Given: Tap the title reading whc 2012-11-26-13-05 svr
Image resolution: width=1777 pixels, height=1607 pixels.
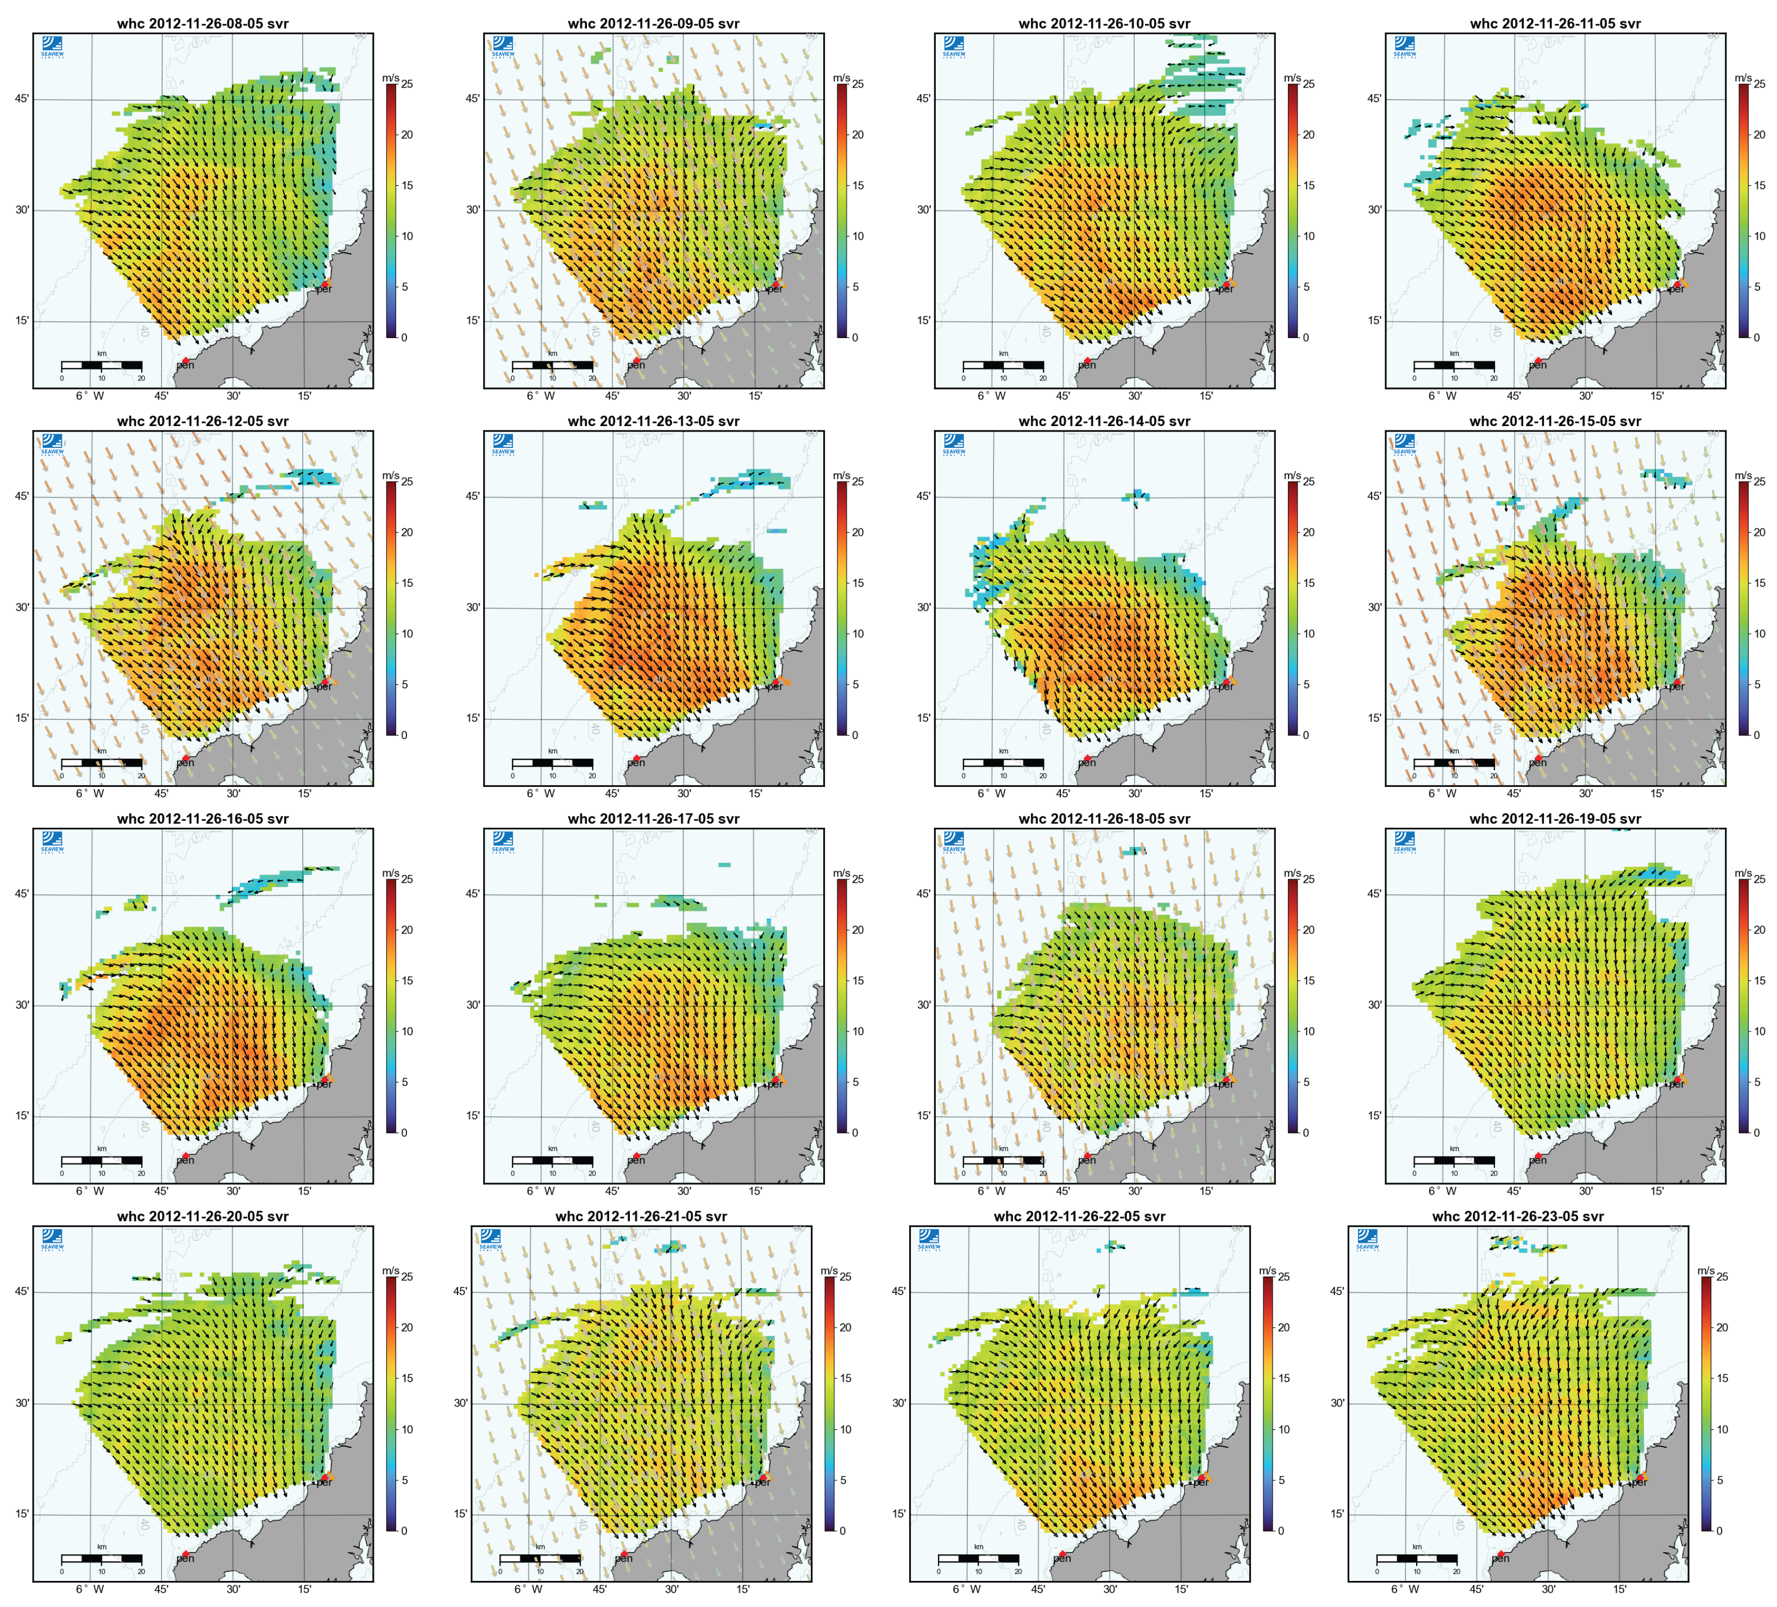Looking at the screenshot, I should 653,421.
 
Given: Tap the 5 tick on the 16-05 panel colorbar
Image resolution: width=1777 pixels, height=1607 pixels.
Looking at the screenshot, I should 405,1081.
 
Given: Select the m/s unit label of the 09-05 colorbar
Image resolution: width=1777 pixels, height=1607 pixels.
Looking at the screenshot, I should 841,78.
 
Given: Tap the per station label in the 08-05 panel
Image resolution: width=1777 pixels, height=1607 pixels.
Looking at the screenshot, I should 324,289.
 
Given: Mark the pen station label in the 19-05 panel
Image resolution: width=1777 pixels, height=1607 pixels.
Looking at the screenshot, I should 1537,1160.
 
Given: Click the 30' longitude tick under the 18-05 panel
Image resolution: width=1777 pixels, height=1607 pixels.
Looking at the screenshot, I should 1135,1191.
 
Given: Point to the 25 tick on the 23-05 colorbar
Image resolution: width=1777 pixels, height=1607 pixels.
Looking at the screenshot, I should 1722,1277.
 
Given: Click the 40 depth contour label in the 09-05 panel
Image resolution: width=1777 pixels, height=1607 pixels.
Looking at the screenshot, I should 595,333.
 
